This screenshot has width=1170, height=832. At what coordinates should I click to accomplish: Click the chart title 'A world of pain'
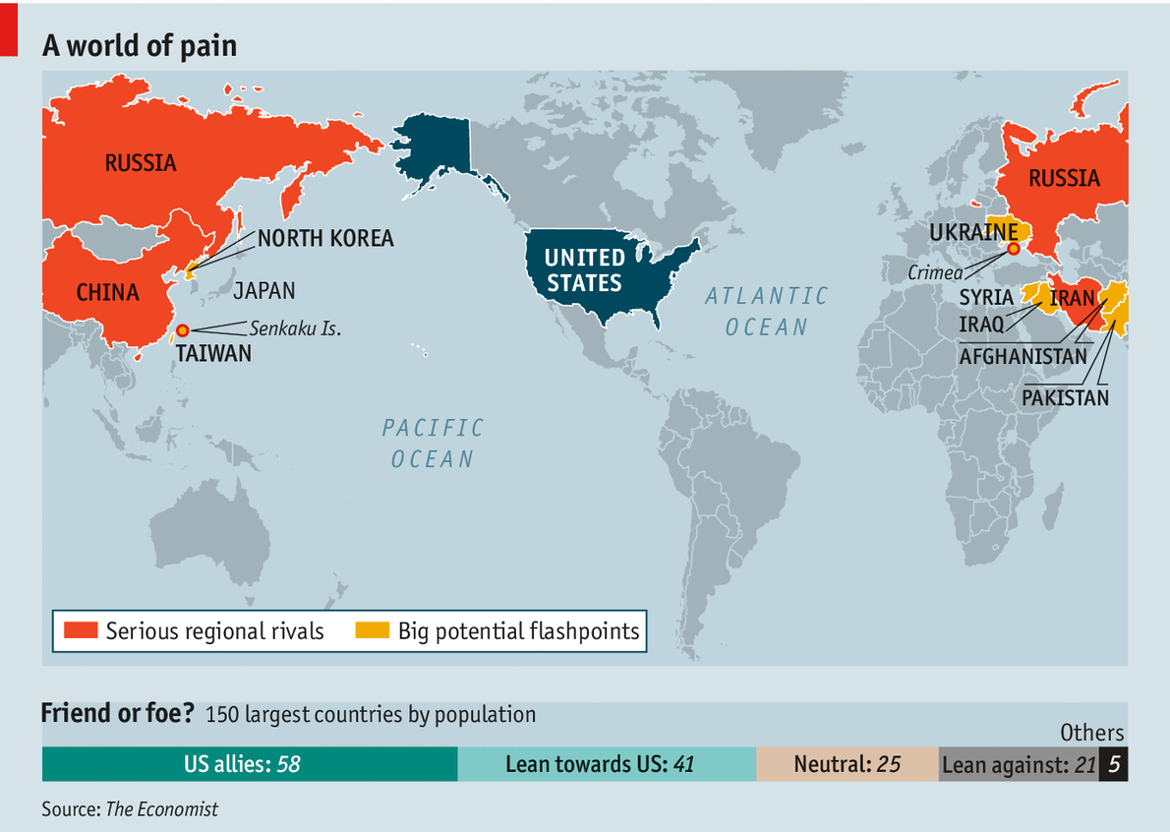point(139,45)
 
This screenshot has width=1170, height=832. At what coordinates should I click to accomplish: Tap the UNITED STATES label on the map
point(584,270)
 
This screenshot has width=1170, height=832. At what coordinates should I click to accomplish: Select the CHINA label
point(108,293)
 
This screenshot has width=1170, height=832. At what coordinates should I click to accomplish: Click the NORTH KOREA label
point(324,238)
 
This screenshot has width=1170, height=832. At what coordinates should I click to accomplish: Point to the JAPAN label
point(263,291)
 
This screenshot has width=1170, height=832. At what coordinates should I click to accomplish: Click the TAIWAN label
point(213,353)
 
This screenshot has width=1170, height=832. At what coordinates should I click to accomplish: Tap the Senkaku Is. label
point(295,328)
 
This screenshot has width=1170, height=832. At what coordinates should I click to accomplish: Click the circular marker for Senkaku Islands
point(182,330)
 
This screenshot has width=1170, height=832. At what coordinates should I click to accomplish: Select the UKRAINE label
point(973,233)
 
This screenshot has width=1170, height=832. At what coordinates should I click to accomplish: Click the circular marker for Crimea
point(1014,249)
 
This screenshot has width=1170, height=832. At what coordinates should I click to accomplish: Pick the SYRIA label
point(986,297)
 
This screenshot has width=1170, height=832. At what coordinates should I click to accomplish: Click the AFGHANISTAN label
point(1024,357)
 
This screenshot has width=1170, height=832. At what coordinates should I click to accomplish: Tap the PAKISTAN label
point(1065,397)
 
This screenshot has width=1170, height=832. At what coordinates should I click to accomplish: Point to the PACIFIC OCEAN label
point(433,443)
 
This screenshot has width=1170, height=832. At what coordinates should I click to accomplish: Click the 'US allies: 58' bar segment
point(250,764)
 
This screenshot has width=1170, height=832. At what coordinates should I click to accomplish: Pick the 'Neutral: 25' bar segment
point(847,764)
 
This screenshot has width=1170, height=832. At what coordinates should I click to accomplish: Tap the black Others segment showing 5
point(1113,764)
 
